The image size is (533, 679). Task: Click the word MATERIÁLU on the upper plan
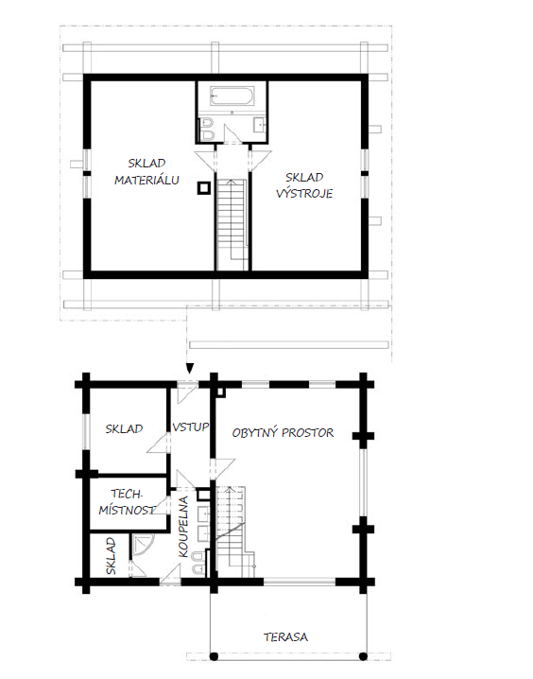(x=146, y=180)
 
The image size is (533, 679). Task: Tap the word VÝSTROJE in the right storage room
(x=304, y=193)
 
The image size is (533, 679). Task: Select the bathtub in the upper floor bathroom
(x=232, y=96)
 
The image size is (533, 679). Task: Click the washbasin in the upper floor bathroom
(x=260, y=124)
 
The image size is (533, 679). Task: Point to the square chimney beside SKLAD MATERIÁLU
(x=204, y=188)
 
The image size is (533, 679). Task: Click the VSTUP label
(x=190, y=427)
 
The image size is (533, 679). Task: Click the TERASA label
(x=286, y=637)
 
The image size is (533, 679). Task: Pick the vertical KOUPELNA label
(x=183, y=527)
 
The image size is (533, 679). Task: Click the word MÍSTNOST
(x=127, y=510)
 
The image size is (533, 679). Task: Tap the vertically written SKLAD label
(x=111, y=556)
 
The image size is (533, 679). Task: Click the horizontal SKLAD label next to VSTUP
(x=124, y=428)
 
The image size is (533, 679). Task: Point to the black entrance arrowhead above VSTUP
(x=190, y=369)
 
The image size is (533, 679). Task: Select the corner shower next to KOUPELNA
(x=141, y=544)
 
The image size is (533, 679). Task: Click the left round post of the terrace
(x=214, y=657)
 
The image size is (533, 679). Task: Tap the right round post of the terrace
(x=364, y=657)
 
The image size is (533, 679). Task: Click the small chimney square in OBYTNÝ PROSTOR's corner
(x=221, y=392)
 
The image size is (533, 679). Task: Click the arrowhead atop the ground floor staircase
(x=229, y=489)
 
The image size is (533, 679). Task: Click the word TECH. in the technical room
(x=127, y=494)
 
